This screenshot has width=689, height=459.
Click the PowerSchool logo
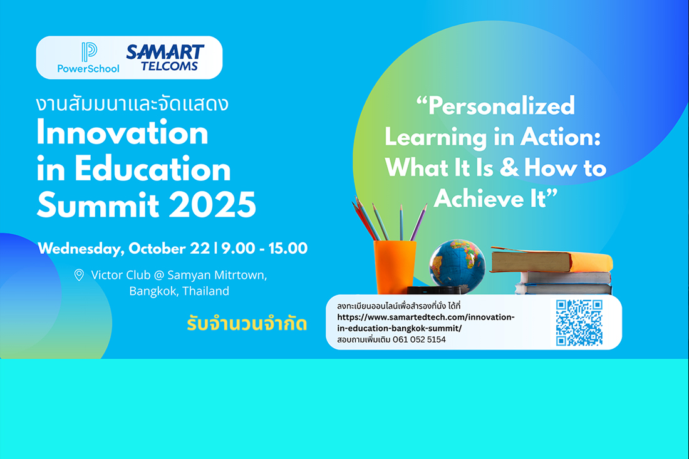click(x=88, y=58)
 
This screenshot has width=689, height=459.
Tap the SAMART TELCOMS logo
click(x=165, y=58)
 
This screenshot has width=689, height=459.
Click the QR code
click(x=579, y=323)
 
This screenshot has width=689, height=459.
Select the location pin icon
click(x=79, y=275)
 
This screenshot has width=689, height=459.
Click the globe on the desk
click(x=457, y=266)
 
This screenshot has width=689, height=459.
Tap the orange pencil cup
click(x=394, y=267)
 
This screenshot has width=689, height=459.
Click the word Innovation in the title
click(x=122, y=133)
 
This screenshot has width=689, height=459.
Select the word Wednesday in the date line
click(x=81, y=249)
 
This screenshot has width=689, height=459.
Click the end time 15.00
click(x=288, y=248)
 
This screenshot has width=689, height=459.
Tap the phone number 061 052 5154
click(x=419, y=339)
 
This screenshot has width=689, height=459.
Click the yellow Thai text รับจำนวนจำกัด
click(x=247, y=324)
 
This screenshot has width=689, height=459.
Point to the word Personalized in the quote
click(x=501, y=106)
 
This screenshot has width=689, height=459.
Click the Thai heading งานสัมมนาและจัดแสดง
click(x=132, y=104)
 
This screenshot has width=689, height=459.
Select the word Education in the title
click(x=152, y=169)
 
